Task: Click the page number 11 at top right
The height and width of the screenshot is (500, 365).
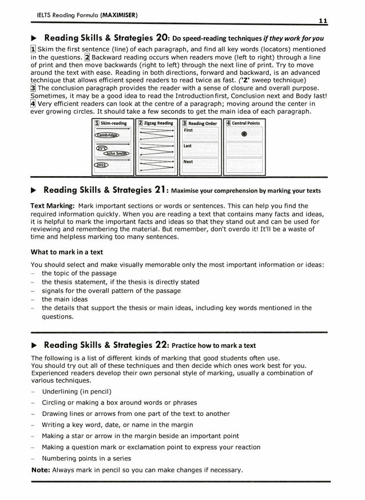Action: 323,21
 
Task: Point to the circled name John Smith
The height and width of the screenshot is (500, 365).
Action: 117,153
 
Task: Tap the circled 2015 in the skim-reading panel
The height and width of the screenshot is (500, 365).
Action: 102,165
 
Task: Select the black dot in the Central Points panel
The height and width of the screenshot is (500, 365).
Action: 244,134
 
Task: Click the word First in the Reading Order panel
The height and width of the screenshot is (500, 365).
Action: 188,130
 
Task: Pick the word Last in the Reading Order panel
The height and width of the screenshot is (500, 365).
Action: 188,146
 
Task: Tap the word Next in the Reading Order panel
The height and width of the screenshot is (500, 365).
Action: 188,162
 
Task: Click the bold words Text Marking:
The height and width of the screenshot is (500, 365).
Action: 53,206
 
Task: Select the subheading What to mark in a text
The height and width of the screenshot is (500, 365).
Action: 66,252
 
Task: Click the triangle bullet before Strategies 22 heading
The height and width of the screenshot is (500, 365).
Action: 33,345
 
